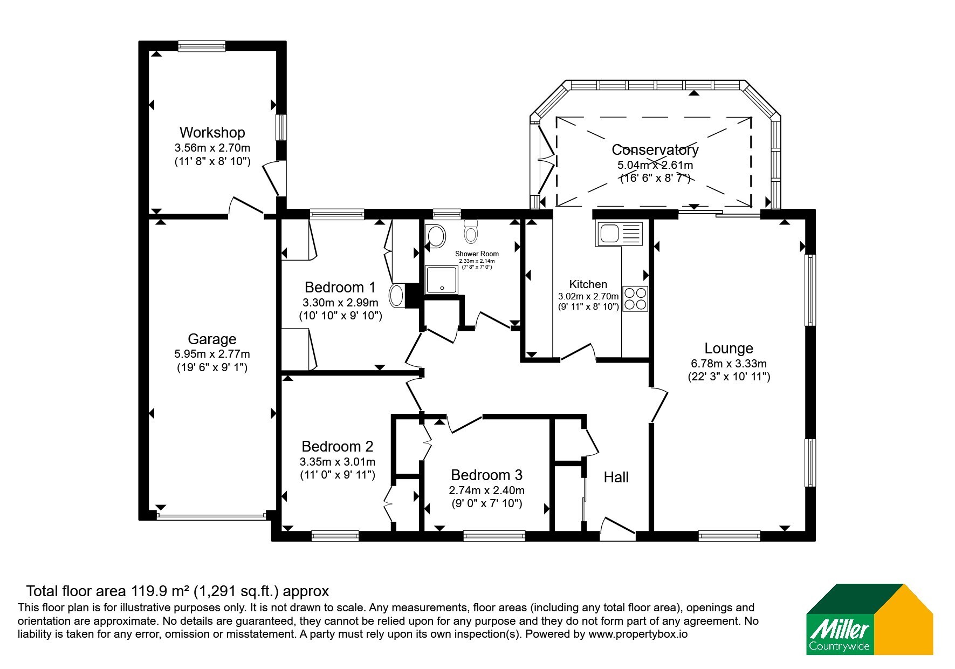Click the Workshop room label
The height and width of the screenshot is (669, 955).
coord(212,132)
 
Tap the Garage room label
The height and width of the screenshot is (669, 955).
coord(212,339)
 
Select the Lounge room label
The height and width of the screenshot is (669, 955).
coord(729,349)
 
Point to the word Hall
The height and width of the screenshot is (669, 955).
coord(616,477)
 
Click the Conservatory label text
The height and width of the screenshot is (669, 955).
coord(655,149)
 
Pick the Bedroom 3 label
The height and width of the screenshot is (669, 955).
coord(486,475)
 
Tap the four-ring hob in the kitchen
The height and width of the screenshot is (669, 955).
coord(635,298)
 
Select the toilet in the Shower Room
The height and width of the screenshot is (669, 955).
coord(471,231)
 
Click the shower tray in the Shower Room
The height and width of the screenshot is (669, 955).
coord(442,279)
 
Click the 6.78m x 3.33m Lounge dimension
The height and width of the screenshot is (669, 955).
coord(729,364)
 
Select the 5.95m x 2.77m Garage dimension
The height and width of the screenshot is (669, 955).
coord(212,354)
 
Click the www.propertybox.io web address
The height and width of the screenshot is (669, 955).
coord(638,634)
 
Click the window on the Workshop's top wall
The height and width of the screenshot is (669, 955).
coord(202,46)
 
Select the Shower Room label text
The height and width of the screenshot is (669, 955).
coord(477,254)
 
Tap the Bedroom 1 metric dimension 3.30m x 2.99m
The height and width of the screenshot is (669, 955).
coord(340,303)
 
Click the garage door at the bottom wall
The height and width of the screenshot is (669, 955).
coord(211,516)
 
